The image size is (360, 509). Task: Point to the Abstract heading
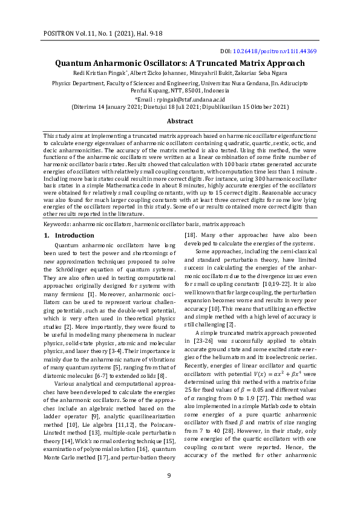pos(180,121)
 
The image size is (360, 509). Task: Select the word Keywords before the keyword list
pos(57,223)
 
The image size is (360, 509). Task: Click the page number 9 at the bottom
pos(169,491)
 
